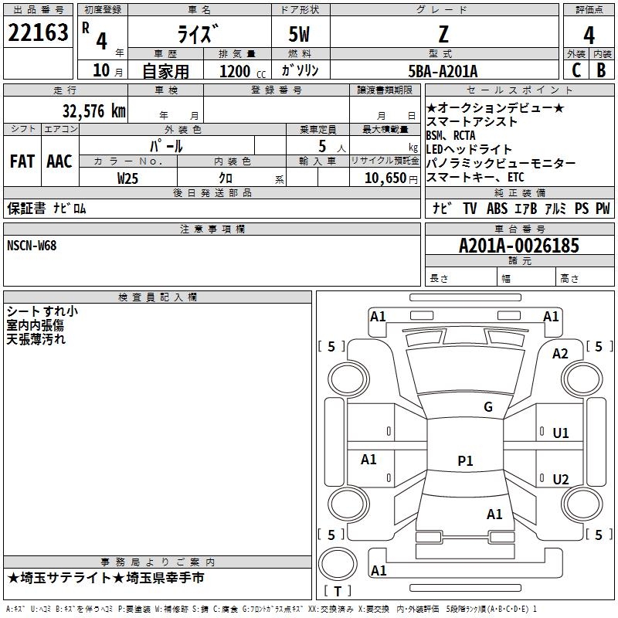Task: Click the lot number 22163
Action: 38,32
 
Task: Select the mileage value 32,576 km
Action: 94,111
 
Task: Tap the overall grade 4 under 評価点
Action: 589,36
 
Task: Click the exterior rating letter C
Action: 576,70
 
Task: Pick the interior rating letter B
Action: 601,70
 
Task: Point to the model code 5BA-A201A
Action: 443,71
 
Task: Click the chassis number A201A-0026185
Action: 519,246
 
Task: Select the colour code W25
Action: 127,178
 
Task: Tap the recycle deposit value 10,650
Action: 385,178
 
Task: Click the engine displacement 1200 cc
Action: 243,71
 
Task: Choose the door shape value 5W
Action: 299,35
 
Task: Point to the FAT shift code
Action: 22,161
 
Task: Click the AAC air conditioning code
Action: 59,161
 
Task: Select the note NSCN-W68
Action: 32,246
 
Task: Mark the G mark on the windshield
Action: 488,406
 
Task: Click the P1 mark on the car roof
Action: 465,460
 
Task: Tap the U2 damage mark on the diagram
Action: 561,479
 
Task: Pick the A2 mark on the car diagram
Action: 560,354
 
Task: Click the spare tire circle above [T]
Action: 338,564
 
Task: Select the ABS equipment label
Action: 497,208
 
